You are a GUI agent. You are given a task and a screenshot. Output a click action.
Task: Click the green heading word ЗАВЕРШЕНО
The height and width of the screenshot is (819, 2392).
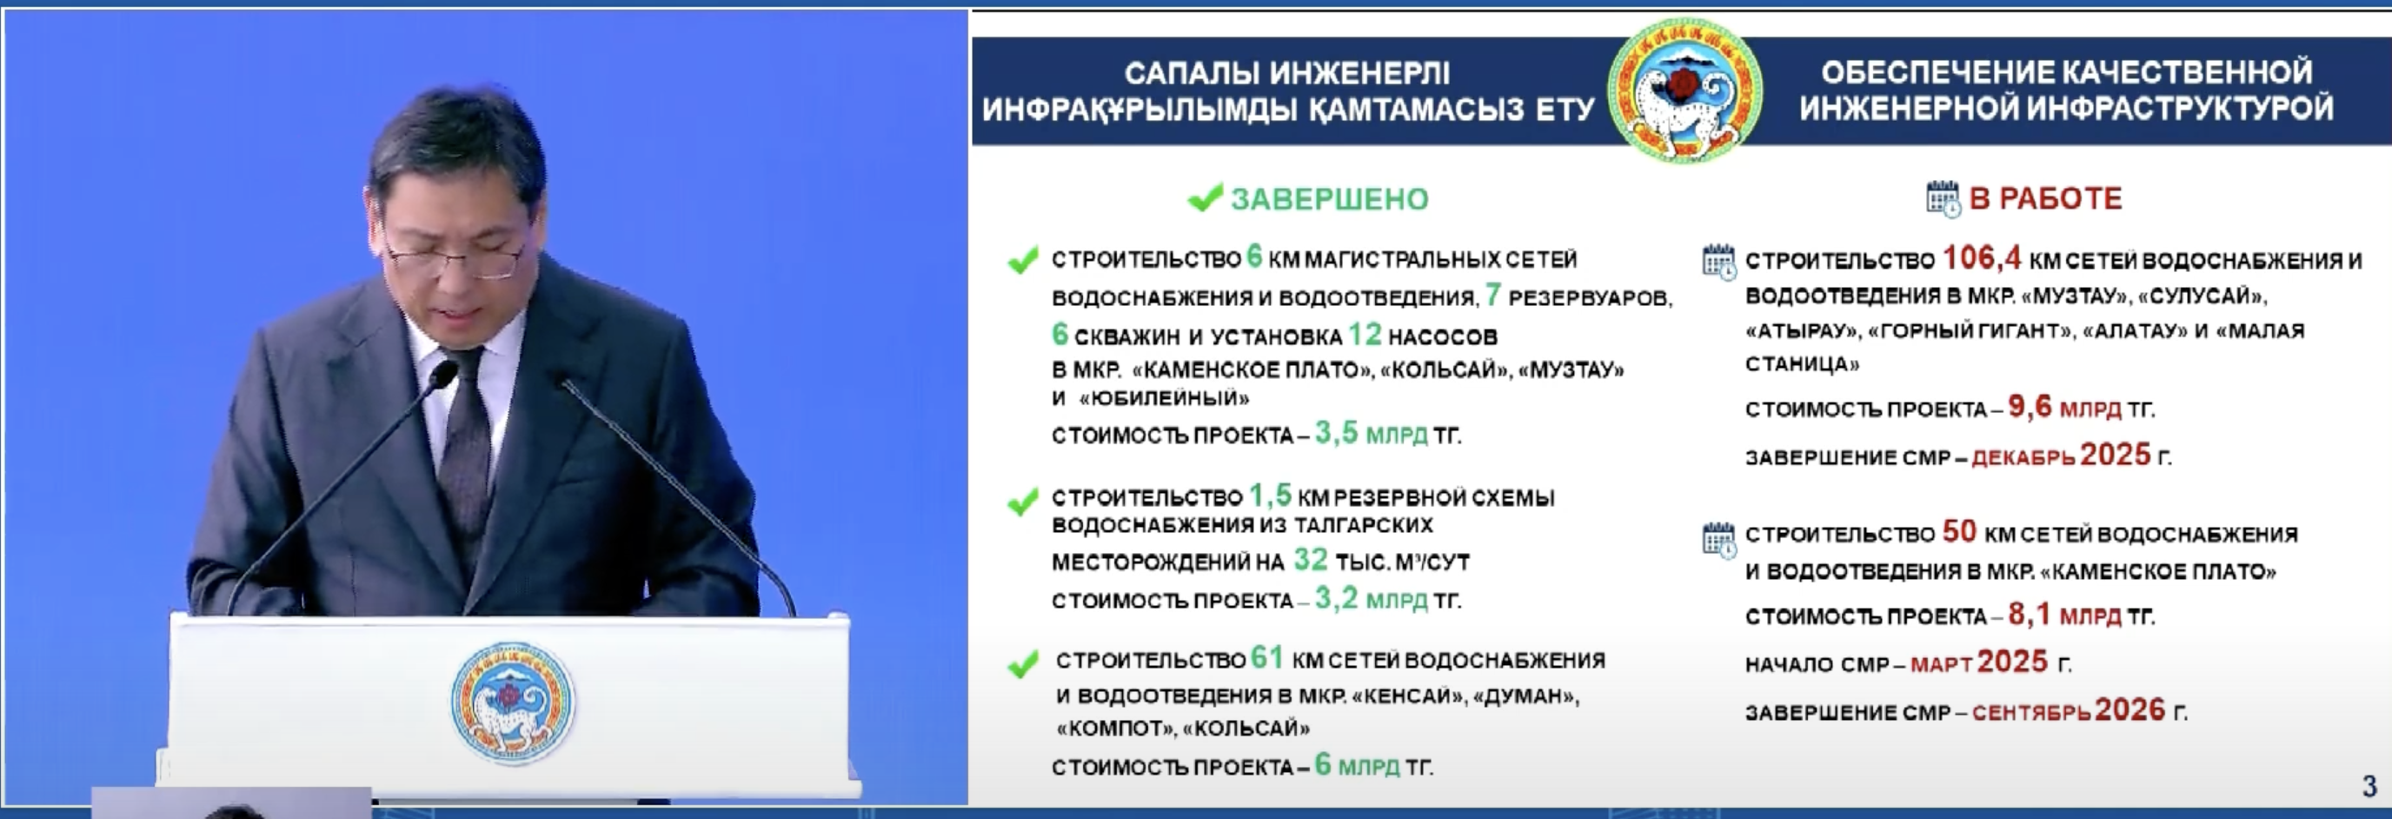click(x=1330, y=199)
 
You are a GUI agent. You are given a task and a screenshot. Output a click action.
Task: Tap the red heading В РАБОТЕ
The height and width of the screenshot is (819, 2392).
click(x=2046, y=199)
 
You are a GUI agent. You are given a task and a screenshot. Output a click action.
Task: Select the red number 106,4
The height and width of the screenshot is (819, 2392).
click(x=1982, y=256)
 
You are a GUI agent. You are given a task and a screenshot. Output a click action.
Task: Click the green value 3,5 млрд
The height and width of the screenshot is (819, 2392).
click(x=1371, y=434)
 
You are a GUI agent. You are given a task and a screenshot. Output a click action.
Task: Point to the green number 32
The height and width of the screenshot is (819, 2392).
click(x=1310, y=559)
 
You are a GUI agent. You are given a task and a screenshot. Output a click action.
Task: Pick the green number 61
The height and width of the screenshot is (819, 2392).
click(x=1266, y=657)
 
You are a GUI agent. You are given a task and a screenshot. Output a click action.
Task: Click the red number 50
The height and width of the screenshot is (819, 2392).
click(x=1959, y=531)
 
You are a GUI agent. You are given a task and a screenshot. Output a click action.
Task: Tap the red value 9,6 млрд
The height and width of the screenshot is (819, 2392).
click(x=2064, y=407)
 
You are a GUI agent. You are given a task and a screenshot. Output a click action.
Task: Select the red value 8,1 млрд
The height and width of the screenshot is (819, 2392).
click(x=2064, y=614)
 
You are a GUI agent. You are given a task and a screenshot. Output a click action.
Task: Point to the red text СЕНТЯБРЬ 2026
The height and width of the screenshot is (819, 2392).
click(x=2069, y=710)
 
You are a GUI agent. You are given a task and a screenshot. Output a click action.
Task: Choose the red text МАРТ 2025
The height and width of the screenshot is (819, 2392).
click(x=1979, y=663)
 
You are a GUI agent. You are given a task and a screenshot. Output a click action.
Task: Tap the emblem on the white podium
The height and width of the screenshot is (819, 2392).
click(x=513, y=702)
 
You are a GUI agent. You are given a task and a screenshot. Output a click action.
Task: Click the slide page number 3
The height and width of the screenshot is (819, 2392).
click(x=2369, y=787)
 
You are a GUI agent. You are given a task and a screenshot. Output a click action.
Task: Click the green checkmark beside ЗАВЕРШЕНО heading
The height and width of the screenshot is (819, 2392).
click(x=1206, y=197)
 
